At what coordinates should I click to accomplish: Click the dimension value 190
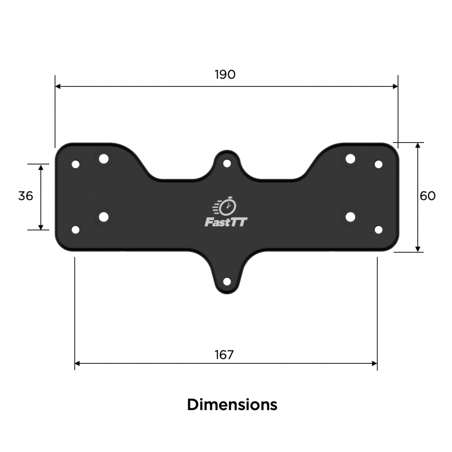click(225, 75)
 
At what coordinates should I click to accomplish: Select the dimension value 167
click(224, 355)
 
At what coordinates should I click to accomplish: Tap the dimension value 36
click(25, 196)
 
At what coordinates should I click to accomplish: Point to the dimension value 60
click(427, 196)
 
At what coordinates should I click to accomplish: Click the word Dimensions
click(232, 404)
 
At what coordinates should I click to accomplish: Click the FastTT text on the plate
click(226, 222)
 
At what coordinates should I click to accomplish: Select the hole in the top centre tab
click(227, 163)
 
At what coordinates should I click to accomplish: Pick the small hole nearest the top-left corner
click(75, 165)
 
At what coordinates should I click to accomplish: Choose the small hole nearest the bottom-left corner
click(75, 230)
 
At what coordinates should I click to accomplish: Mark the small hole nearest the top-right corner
click(378, 164)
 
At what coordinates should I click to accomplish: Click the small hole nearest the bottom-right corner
click(378, 230)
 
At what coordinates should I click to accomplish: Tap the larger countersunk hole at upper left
click(104, 158)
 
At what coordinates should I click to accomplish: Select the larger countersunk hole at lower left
click(104, 216)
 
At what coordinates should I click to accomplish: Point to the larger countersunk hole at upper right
click(350, 158)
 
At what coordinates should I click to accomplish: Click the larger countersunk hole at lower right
click(350, 216)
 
